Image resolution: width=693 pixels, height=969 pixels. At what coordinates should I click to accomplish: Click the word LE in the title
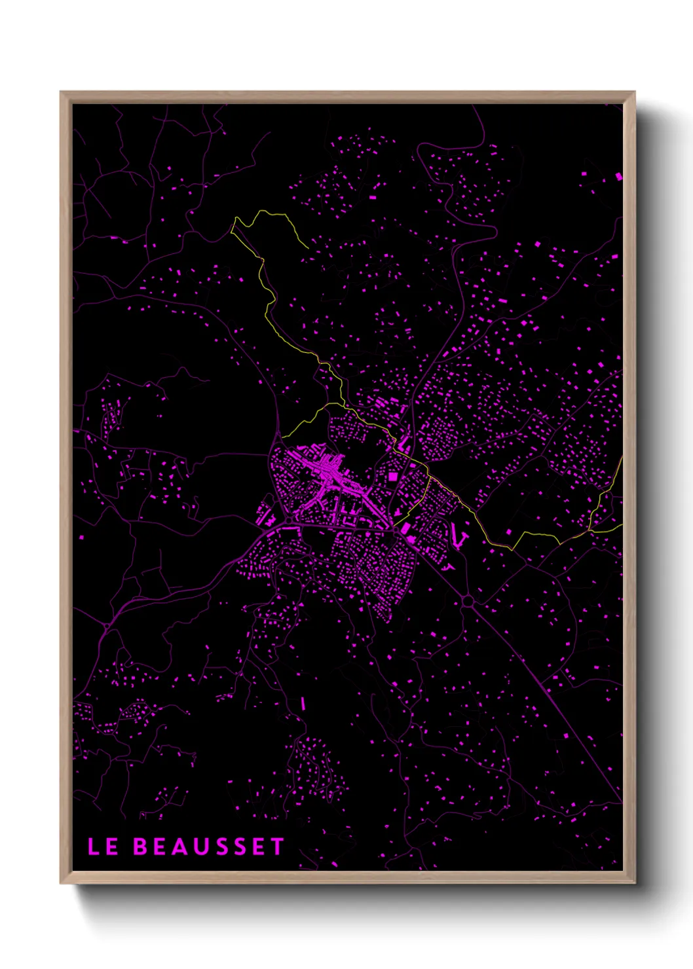pyautogui.click(x=103, y=847)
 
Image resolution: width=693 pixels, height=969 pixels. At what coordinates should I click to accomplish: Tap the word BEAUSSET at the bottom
pyautogui.click(x=209, y=847)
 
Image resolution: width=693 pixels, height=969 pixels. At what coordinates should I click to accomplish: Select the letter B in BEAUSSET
pyautogui.click(x=140, y=847)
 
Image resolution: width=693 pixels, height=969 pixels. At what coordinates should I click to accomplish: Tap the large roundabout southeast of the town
pyautogui.click(x=468, y=600)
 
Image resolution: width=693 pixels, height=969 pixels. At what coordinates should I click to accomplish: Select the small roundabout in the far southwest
pyautogui.click(x=105, y=627)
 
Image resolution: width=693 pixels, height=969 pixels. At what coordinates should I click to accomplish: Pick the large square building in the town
pyautogui.click(x=393, y=477)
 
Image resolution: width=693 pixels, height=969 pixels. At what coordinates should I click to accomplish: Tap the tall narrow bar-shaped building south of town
pyautogui.click(x=303, y=704)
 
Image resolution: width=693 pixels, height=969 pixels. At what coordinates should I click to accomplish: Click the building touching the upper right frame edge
pyautogui.click(x=618, y=176)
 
